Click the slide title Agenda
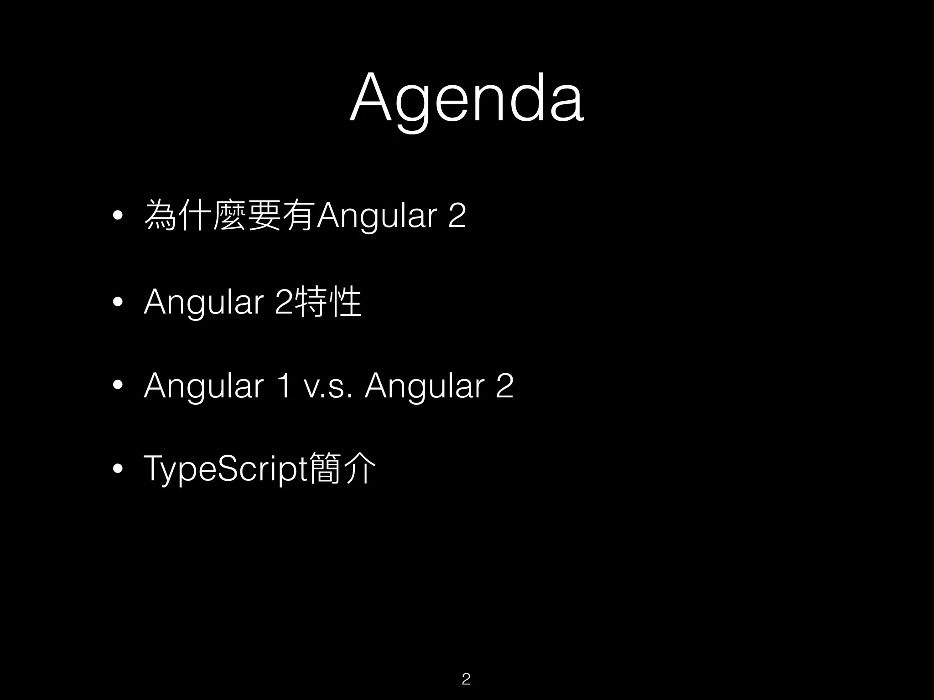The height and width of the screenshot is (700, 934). (466, 98)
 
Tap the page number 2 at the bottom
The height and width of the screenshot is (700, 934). (466, 679)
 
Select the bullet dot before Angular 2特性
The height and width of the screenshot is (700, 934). (118, 302)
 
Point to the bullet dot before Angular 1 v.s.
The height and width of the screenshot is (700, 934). (118, 386)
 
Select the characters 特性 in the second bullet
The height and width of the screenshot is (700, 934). (328, 302)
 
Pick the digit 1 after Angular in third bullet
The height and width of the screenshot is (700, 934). (284, 386)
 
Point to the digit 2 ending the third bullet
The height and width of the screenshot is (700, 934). (504, 386)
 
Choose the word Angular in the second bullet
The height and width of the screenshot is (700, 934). (203, 302)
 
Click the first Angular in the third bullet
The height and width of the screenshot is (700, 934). (203, 386)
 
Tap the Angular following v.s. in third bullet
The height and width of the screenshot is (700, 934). (424, 386)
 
